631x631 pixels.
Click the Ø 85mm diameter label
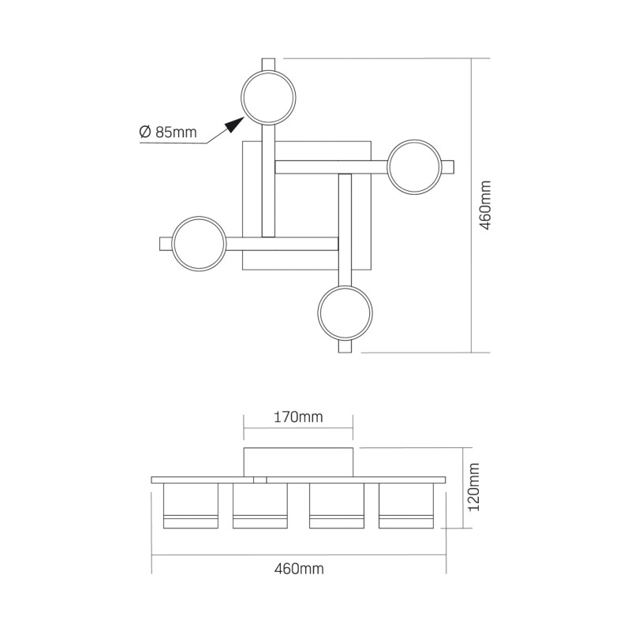click(x=168, y=132)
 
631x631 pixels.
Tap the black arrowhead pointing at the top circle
click(x=234, y=125)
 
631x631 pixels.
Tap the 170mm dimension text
click(x=298, y=417)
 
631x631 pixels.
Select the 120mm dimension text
click(x=474, y=487)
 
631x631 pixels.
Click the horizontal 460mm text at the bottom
click(x=299, y=569)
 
